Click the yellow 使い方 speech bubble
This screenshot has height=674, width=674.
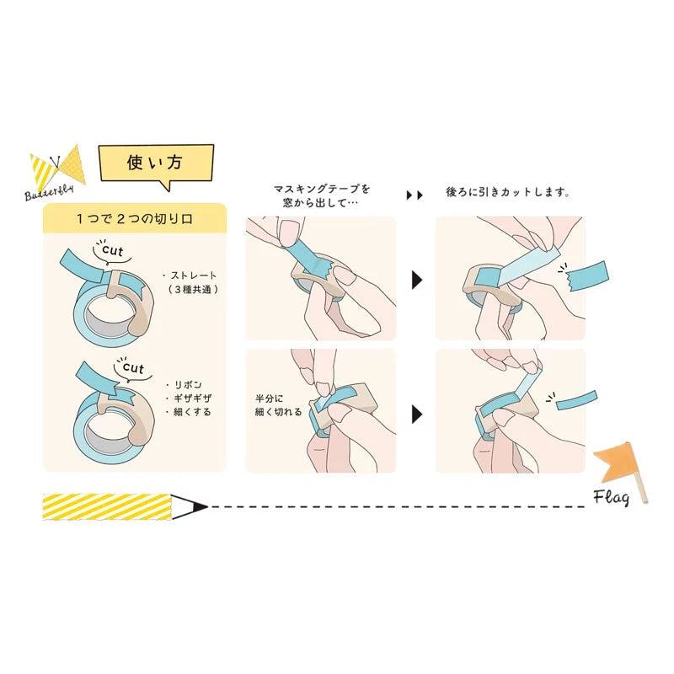[x=156, y=163]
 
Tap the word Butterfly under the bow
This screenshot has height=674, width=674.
[x=49, y=192]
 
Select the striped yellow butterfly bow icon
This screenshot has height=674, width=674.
[x=57, y=165]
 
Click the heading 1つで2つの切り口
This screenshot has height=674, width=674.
[x=135, y=219]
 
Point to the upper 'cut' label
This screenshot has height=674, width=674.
[x=112, y=250]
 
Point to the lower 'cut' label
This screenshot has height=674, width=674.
[x=133, y=367]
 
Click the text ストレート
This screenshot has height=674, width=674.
[x=194, y=275]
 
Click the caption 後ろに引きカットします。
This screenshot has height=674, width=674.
[x=508, y=192]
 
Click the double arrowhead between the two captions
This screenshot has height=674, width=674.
[x=415, y=195]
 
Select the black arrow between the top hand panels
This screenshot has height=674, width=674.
[x=417, y=280]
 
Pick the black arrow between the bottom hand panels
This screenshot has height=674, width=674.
[x=417, y=415]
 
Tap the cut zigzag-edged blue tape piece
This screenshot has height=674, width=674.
[x=586, y=275]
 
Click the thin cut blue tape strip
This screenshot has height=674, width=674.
[x=577, y=399]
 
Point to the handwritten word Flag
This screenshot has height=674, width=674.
[x=612, y=497]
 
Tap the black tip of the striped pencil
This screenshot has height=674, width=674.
[x=201, y=507]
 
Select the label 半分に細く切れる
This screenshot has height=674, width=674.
[x=278, y=405]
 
